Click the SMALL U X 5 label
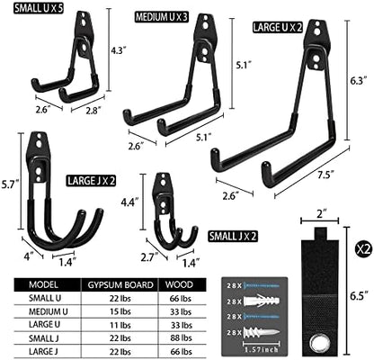click(x=39, y=8)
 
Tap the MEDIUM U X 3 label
click(x=161, y=17)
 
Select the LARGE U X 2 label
click(x=277, y=28)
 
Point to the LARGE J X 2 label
click(x=91, y=181)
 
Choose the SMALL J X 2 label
click(x=233, y=237)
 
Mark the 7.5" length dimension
click(x=326, y=174)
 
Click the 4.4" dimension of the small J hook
click(x=129, y=202)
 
